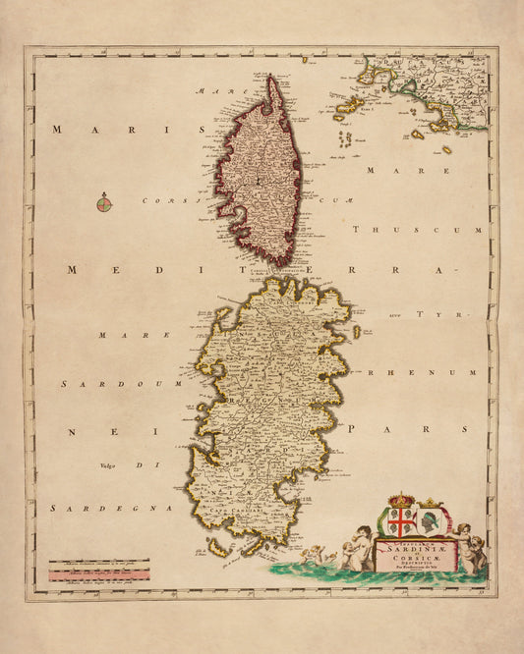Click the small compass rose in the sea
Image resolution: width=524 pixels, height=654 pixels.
104,204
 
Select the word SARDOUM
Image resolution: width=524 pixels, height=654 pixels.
95,384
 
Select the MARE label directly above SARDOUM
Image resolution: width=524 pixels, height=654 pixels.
122,335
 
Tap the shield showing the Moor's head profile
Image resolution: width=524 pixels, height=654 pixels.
431,520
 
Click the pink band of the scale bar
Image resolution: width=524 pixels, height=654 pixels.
98,572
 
